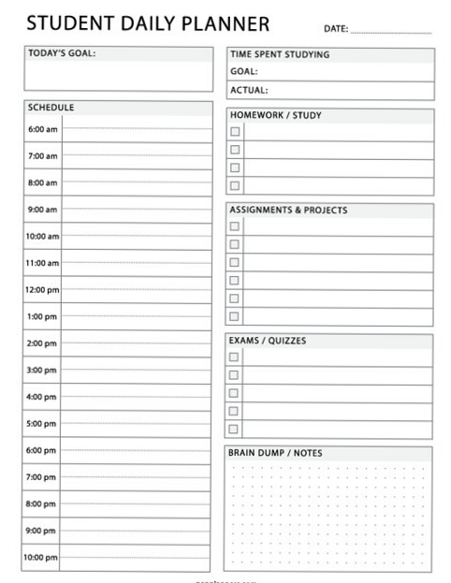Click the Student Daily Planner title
tap(148, 23)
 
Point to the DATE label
tap(336, 29)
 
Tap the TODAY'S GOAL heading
tap(62, 53)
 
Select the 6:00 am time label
tap(42, 129)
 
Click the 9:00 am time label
tap(42, 210)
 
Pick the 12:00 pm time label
tap(42, 290)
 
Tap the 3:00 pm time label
tap(42, 371)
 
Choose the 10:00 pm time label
tap(42, 558)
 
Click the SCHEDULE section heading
tap(51, 108)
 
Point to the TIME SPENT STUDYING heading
tap(280, 54)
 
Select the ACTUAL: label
tap(249, 91)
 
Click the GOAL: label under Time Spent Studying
tap(244, 71)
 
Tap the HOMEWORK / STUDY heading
tap(275, 116)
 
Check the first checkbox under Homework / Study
tap(235, 132)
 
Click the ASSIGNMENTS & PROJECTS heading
tap(288, 211)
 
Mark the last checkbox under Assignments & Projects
tap(235, 316)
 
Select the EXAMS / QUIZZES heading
tap(268, 341)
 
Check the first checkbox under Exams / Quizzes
tap(235, 357)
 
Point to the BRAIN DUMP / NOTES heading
tap(275, 454)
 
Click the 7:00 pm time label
tap(42, 477)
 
